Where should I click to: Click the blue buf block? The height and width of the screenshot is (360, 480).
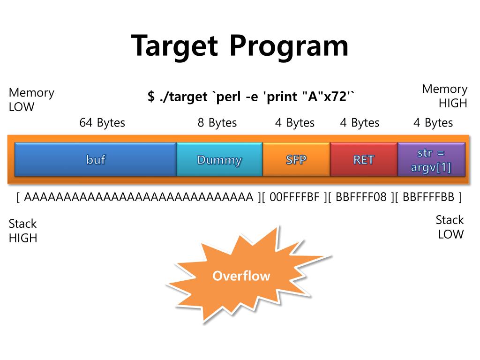pyautogui.click(x=96, y=159)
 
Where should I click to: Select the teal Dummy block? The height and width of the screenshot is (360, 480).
pyautogui.click(x=219, y=159)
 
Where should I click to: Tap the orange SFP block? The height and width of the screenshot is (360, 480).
pyautogui.click(x=296, y=159)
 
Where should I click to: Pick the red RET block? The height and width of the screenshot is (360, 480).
pyautogui.click(x=364, y=159)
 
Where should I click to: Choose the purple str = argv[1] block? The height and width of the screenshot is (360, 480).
pyautogui.click(x=431, y=160)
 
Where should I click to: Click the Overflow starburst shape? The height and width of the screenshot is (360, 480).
pyautogui.click(x=241, y=275)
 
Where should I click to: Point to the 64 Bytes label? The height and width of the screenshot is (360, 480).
pyautogui.click(x=102, y=123)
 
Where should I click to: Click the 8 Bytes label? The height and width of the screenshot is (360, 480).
pyautogui.click(x=217, y=123)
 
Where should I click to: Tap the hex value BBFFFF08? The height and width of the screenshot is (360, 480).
pyautogui.click(x=361, y=197)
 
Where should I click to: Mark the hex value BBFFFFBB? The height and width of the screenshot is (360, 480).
pyautogui.click(x=428, y=197)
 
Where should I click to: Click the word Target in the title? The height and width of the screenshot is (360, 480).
pyautogui.click(x=175, y=46)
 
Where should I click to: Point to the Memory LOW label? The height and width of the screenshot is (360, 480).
pyautogui.click(x=31, y=99)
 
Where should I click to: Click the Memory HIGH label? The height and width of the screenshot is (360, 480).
pyautogui.click(x=445, y=96)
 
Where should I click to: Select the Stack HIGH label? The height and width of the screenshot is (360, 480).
pyautogui.click(x=23, y=231)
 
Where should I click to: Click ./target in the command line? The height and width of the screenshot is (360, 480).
pyautogui.click(x=185, y=97)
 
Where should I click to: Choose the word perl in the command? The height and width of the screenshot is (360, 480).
pyautogui.click(x=230, y=97)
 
